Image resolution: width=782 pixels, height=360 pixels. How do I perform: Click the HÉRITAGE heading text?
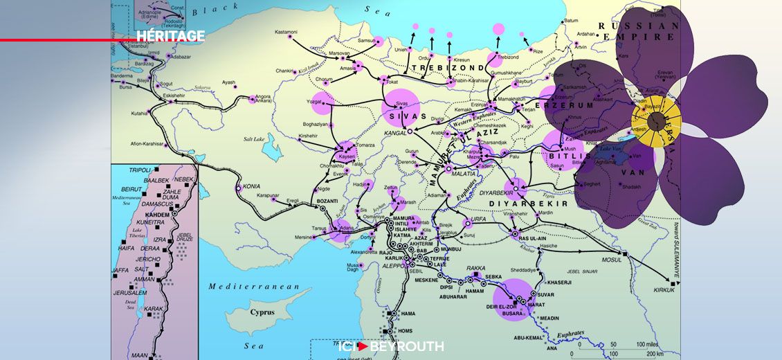point(170,36)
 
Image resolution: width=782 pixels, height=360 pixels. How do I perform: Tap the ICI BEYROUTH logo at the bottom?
point(391,346)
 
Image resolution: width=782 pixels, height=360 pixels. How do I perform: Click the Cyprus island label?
point(262,312)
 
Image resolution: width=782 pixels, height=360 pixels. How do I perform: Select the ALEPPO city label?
point(392,265)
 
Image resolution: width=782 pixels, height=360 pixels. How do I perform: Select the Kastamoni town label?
point(286,33)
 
